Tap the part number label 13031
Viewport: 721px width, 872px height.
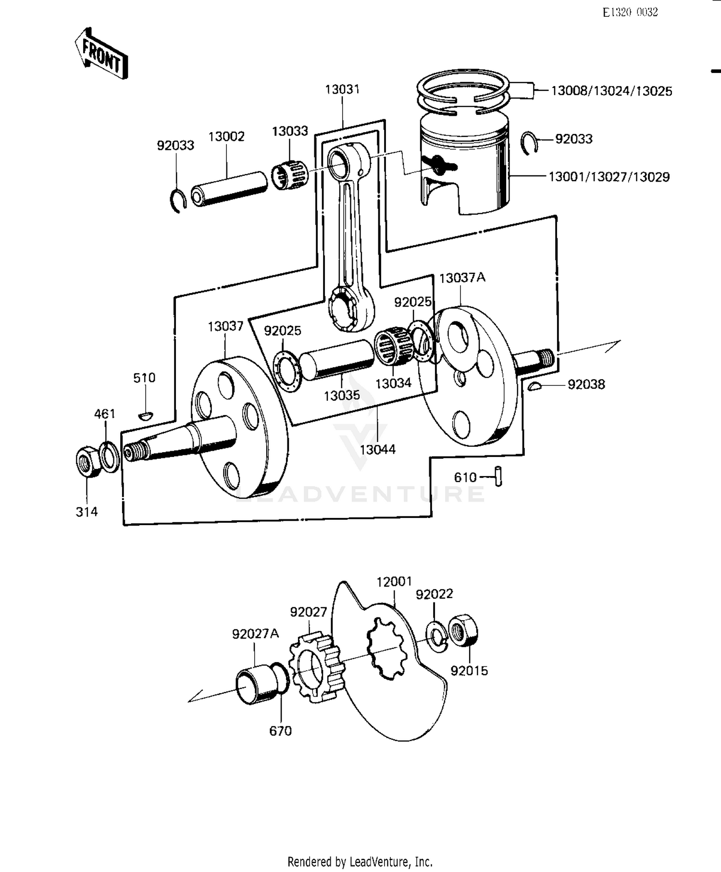[342, 89]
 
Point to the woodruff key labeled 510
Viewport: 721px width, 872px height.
[145, 415]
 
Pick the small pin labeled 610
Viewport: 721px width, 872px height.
[498, 477]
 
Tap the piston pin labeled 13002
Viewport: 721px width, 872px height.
[230, 189]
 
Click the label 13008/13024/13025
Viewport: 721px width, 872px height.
[611, 91]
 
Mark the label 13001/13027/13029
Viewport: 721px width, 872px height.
[609, 177]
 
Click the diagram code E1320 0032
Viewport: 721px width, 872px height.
[630, 12]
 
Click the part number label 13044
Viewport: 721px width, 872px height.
[378, 450]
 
